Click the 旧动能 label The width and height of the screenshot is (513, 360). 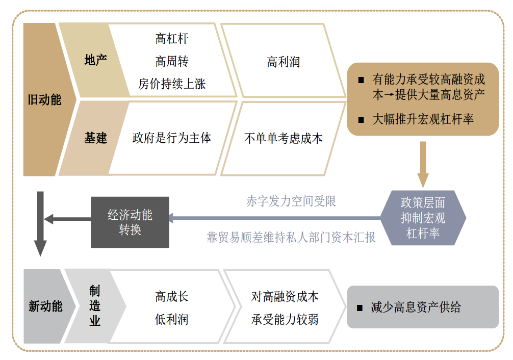pyautogui.click(x=44, y=99)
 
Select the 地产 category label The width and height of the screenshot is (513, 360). pyautogui.click(x=95, y=60)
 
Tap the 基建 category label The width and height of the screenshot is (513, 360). pyautogui.click(x=95, y=138)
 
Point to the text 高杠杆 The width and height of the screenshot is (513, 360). pyautogui.click(x=172, y=39)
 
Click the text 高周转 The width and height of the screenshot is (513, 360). pyautogui.click(x=172, y=62)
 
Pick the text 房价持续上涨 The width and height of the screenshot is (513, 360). pyautogui.click(x=172, y=84)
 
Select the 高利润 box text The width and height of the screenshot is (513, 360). pyautogui.click(x=283, y=62)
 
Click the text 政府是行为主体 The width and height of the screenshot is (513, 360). pyautogui.click(x=172, y=138)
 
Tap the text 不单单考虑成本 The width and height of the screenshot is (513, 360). pyautogui.click(x=283, y=138)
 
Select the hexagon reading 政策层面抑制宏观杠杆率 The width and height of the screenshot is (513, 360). pyautogui.click(x=423, y=218)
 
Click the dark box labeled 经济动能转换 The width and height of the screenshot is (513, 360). pyautogui.click(x=130, y=222)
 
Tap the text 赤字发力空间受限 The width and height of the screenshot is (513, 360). pyautogui.click(x=291, y=201)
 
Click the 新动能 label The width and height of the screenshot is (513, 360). pyautogui.click(x=45, y=306)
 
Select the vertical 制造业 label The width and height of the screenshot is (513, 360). pyautogui.click(x=95, y=306)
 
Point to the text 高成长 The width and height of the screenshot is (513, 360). pyautogui.click(x=172, y=296)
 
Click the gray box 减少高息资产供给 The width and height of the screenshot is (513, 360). pyautogui.click(x=422, y=307)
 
